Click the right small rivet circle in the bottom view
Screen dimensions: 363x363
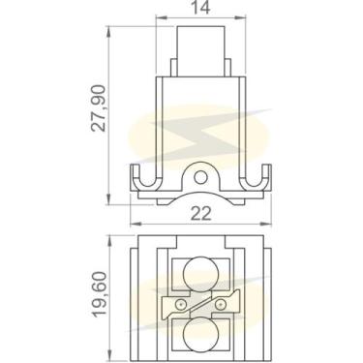tap(222, 304)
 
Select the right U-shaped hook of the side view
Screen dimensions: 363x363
tap(256, 180)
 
